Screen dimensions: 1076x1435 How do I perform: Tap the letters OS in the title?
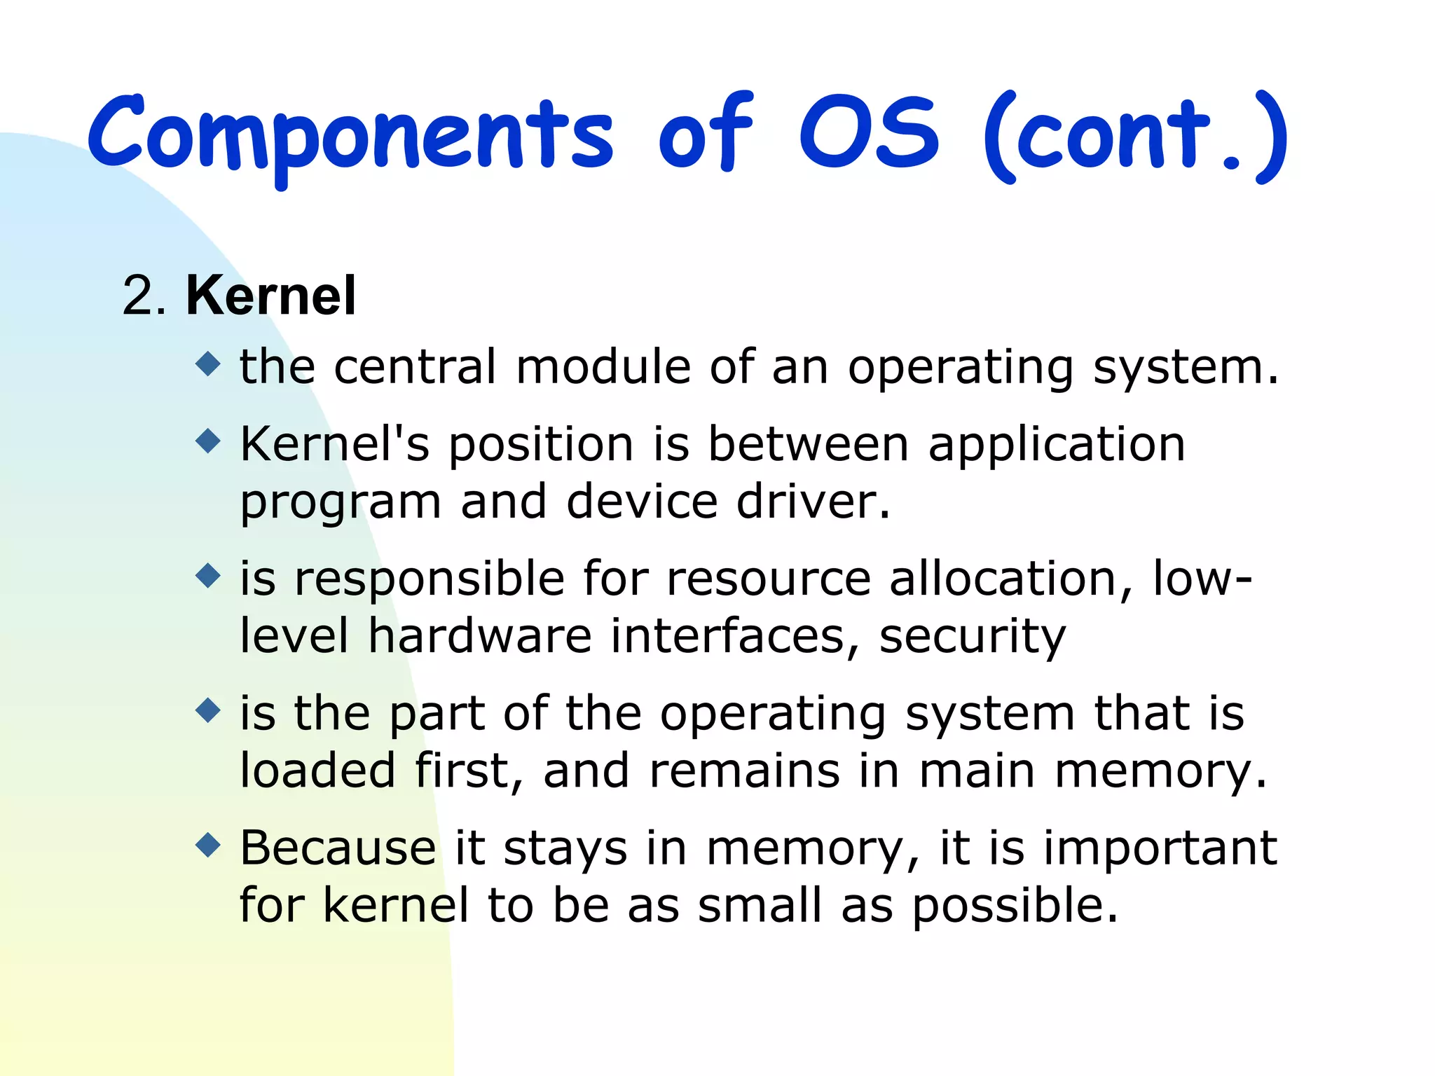(869, 133)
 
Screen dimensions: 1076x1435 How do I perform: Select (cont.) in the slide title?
(1135, 137)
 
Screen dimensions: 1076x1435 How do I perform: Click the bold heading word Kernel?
(270, 296)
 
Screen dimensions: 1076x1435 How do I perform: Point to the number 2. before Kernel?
(144, 296)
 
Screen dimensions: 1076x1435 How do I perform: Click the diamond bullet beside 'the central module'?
(208, 364)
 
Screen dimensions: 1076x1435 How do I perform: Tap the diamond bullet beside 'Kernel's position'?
(208, 441)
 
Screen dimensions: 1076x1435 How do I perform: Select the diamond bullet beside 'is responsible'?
(208, 576)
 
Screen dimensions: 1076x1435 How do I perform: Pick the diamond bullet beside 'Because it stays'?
(208, 845)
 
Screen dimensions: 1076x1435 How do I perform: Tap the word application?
(1057, 446)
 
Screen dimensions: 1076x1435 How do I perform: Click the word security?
(972, 637)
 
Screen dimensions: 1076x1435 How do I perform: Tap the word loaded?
(317, 771)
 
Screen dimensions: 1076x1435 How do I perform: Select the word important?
(1160, 849)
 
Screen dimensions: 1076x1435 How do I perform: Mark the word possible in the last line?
(1014, 906)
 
